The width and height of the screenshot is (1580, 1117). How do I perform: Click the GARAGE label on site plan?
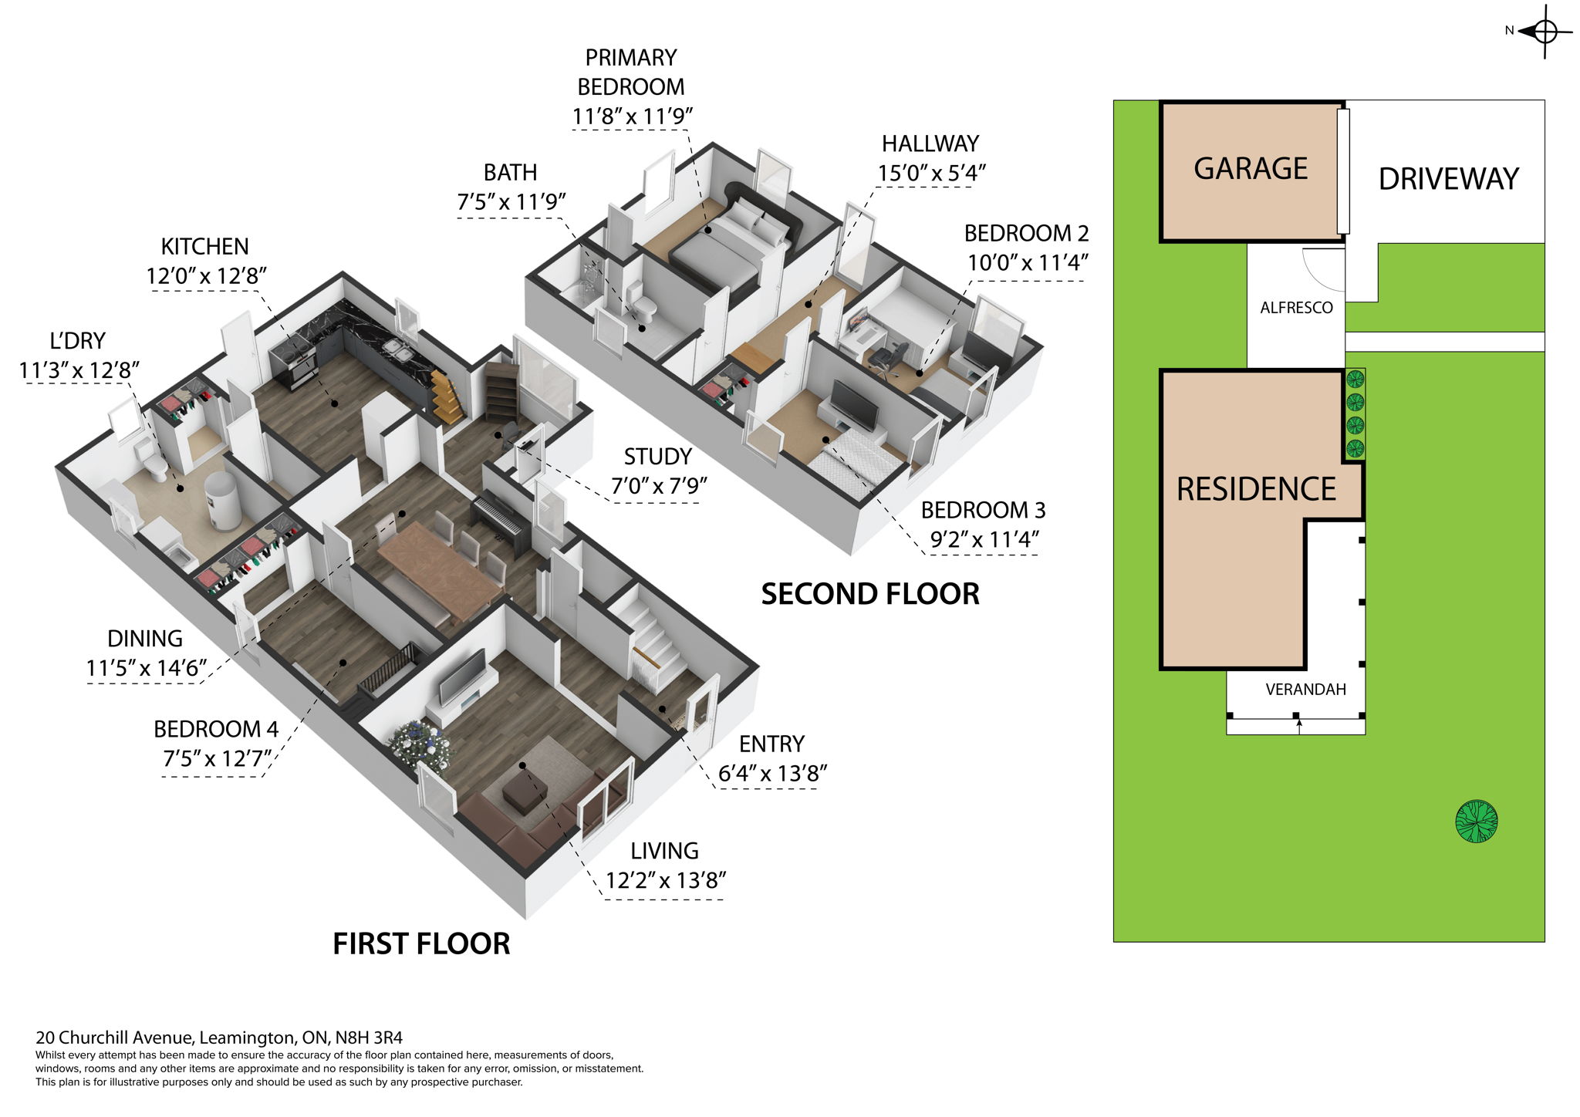(x=1251, y=169)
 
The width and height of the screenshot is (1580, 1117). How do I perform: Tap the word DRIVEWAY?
(x=1448, y=179)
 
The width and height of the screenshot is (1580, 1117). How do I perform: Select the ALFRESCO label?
(x=1296, y=308)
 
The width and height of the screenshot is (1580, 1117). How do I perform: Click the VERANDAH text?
(x=1305, y=690)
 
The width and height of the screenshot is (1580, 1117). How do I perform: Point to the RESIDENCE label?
(x=1256, y=489)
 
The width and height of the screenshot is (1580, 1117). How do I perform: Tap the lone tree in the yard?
(x=1476, y=821)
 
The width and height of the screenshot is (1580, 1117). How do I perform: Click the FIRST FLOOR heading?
(x=421, y=943)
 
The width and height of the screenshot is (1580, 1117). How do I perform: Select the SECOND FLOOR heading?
(x=870, y=594)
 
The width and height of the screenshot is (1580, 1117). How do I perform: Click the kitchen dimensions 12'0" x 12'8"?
(x=206, y=276)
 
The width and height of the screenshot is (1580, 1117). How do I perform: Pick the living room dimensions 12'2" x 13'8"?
(x=666, y=880)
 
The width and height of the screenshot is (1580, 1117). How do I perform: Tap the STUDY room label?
(x=657, y=457)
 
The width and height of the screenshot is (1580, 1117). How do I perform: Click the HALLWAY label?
(x=930, y=144)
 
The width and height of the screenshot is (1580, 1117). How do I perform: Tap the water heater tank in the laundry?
(x=224, y=501)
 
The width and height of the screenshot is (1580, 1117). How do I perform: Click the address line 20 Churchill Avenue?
(x=219, y=1038)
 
